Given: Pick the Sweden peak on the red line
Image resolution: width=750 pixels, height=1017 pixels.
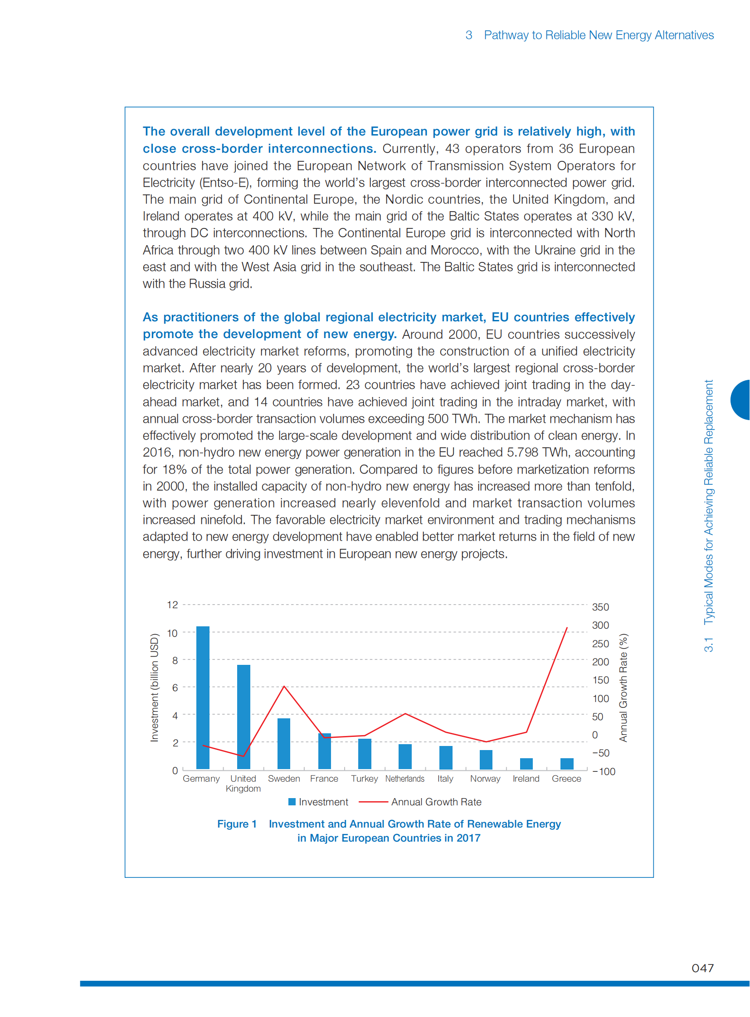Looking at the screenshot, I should click(284, 686).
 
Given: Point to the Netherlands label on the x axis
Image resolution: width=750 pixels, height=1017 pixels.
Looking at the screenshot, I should click(404, 779).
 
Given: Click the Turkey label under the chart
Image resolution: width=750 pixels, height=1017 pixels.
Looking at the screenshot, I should click(364, 779).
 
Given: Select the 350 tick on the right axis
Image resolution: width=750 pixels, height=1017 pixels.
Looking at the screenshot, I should click(600, 607).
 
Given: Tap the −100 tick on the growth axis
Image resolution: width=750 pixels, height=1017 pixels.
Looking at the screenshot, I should click(604, 771).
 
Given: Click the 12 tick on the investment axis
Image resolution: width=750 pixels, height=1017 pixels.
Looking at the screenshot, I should click(172, 605).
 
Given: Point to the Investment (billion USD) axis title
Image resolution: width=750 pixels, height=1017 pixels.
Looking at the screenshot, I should click(154, 688).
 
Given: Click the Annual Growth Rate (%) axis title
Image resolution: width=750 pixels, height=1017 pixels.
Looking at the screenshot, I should click(623, 688).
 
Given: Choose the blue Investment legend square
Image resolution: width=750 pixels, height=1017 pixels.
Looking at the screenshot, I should click(292, 802).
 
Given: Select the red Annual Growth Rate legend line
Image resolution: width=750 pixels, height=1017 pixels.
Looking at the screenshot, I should click(373, 802).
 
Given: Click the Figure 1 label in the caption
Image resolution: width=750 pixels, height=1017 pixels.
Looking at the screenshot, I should click(237, 823).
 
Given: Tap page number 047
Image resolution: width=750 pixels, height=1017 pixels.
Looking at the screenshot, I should click(702, 968).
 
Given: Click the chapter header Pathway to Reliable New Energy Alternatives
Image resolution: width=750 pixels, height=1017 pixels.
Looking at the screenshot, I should click(599, 35).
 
